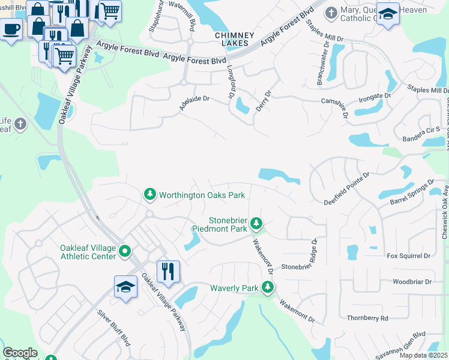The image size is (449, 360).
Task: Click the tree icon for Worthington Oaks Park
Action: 149,194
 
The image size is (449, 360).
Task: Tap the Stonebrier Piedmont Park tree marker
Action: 256,224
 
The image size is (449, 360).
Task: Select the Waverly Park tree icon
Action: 268,288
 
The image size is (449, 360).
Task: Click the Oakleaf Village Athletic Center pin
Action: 125,251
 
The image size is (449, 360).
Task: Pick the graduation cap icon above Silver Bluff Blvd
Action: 126,286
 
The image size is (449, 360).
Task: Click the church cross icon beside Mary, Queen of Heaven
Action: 330,13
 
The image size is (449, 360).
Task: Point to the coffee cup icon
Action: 11,28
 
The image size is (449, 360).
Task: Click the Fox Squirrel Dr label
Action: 409,256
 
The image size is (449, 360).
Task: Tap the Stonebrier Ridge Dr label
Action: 313,254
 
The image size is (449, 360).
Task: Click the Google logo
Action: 20,353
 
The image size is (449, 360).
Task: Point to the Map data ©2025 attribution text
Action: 423,355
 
